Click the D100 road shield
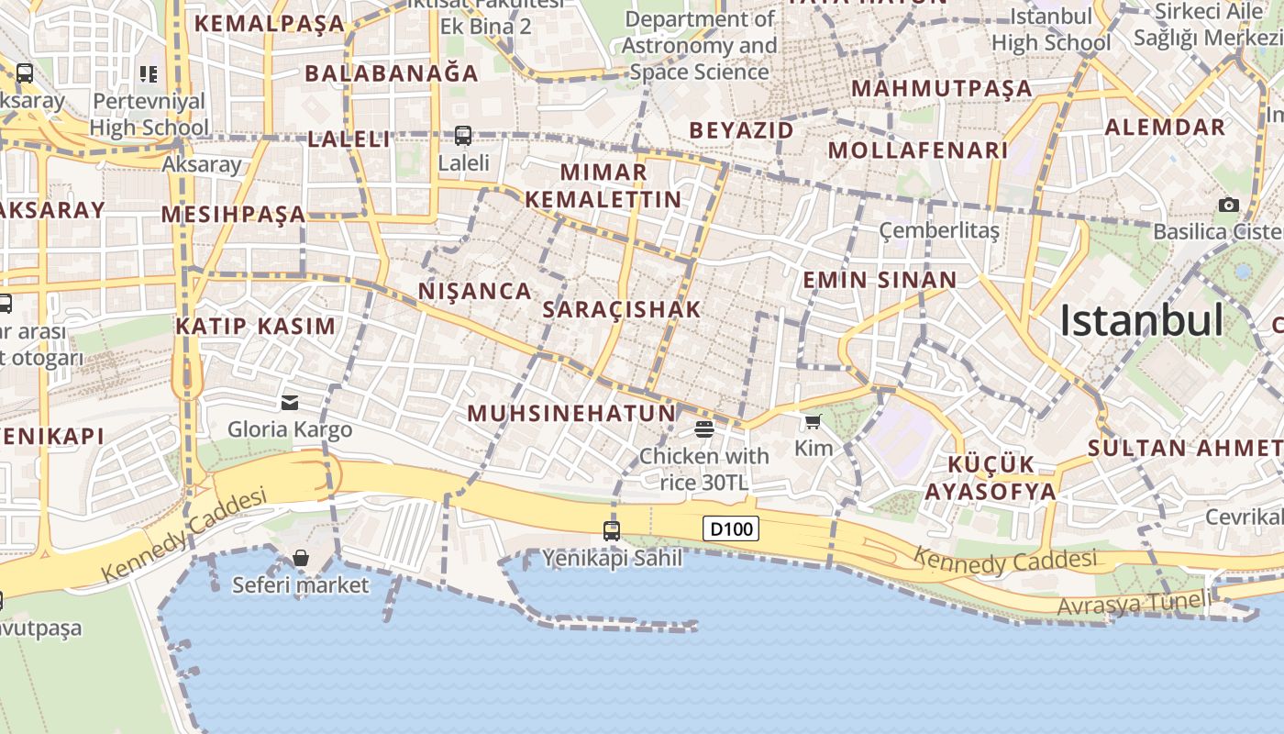tap(731, 528)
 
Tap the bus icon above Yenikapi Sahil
tap(612, 530)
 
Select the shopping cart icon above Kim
tap(813, 422)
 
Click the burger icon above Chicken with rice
tap(704, 428)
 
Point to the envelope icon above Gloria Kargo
tap(290, 402)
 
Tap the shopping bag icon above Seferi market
tap(300, 558)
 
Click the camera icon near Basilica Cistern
tap(1228, 205)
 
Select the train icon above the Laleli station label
tap(463, 136)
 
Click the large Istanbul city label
tap(1141, 320)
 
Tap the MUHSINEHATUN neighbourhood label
tap(571, 414)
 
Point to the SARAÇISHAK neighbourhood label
tap(622, 310)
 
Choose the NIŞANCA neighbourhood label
tap(475, 292)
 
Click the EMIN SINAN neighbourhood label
tap(880, 280)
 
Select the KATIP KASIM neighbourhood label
tap(256, 327)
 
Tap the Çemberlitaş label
tap(939, 229)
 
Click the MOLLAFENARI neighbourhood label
tap(917, 150)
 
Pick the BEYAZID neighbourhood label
tap(741, 130)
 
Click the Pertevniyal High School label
tap(149, 114)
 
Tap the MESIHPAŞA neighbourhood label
tap(233, 215)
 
